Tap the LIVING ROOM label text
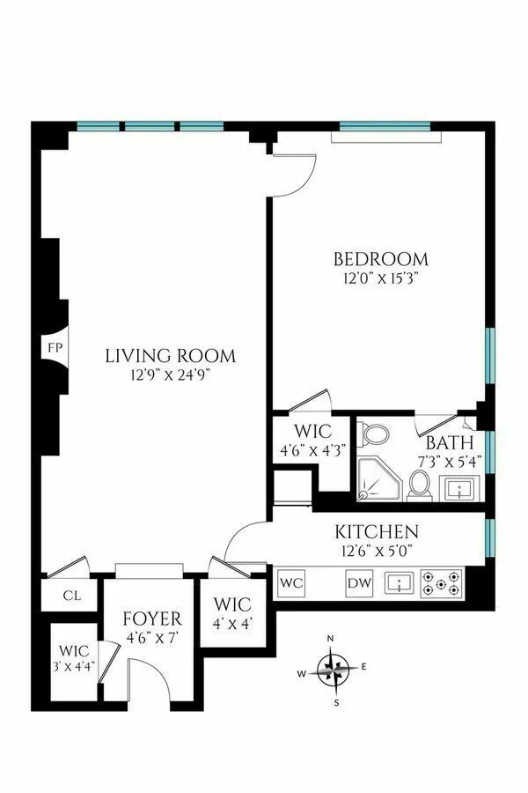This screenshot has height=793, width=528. [171, 357]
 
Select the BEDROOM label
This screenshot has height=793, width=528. [380, 260]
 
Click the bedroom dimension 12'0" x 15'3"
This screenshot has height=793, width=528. [380, 278]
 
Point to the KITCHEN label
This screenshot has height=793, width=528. [375, 532]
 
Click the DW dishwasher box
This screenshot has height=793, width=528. [358, 582]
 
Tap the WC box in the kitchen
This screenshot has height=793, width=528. [290, 582]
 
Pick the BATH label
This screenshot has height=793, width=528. [449, 442]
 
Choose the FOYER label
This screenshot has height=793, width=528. [152, 619]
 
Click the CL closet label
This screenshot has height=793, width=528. [72, 595]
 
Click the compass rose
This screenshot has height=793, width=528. [333, 668]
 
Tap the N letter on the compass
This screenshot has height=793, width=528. [330, 638]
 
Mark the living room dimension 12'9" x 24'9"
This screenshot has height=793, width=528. [171, 374]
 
